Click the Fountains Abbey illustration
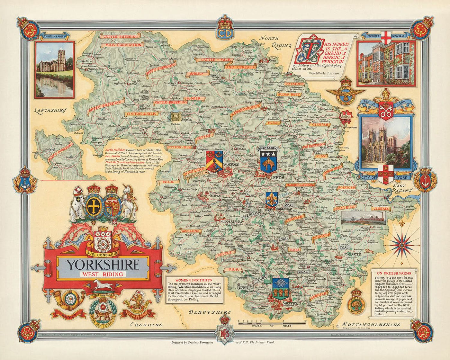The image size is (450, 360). click(54, 69)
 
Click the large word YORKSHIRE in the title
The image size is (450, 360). click(103, 264)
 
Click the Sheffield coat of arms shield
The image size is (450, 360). click(281, 288)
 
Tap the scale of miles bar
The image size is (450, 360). click(272, 321)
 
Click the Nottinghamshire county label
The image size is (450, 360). click(371, 324)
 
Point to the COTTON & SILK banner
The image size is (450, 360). click(138, 114)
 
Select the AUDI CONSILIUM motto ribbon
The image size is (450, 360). click(103, 253)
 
